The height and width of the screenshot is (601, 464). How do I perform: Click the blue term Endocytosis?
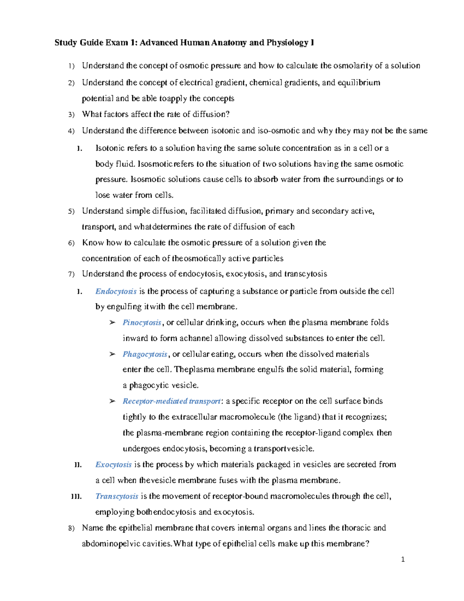pyautogui.click(x=116, y=291)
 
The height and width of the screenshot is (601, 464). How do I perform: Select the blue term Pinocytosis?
pyautogui.click(x=142, y=323)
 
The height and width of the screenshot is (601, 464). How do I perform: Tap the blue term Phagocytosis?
pyautogui.click(x=145, y=354)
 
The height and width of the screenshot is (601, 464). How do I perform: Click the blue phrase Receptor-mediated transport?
pyautogui.click(x=171, y=401)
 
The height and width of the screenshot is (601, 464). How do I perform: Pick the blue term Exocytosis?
pyautogui.click(x=113, y=464)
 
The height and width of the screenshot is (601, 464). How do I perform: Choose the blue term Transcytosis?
pyautogui.click(x=116, y=496)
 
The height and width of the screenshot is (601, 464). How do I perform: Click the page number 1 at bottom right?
pyautogui.click(x=403, y=559)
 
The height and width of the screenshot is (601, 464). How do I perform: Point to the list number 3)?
pyautogui.click(x=71, y=115)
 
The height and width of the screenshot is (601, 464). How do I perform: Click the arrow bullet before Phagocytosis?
pyautogui.click(x=112, y=354)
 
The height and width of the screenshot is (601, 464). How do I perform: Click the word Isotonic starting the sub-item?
pyautogui.click(x=110, y=148)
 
